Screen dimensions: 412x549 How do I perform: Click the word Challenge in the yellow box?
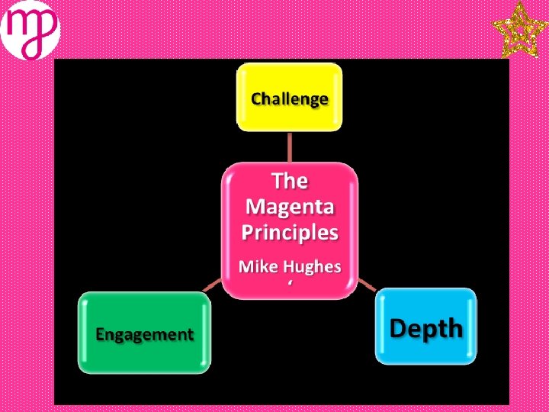point(290,98)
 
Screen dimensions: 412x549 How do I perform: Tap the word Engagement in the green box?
point(144,333)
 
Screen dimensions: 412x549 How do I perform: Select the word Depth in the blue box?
point(426,328)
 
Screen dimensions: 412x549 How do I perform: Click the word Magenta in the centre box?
point(290,207)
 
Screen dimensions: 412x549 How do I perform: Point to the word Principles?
point(290,232)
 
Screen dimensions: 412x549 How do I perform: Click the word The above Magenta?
point(290,182)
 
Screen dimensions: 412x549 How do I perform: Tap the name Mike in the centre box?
point(257,266)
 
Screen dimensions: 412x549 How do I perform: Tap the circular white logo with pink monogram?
point(30,30)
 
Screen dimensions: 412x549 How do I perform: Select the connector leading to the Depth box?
point(366,284)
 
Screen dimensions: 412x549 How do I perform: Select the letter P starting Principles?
point(249,232)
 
